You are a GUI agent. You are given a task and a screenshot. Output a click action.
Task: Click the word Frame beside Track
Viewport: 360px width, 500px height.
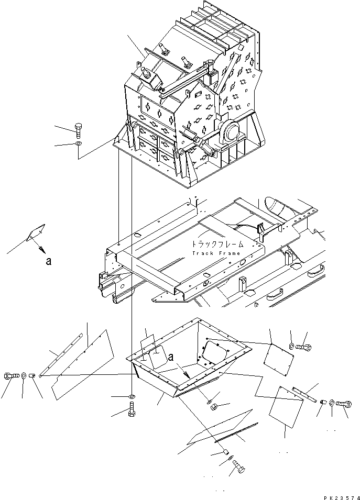pos(230,253)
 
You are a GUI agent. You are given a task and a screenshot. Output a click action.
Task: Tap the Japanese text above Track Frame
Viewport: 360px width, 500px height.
pos(217,245)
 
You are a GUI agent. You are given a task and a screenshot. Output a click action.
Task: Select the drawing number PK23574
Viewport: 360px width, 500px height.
pos(341,497)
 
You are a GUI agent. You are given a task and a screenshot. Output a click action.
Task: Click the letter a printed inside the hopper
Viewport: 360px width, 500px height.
pos(171,357)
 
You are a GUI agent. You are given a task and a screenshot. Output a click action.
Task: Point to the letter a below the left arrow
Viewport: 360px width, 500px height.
pos(49,261)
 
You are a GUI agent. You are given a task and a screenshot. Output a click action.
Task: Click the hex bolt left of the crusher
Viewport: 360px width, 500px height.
pos(78,131)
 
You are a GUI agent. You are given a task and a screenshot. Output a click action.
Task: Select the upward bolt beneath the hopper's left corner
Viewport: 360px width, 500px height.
pos(132,409)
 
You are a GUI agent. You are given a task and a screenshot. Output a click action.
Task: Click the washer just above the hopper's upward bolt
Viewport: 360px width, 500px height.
pos(132,397)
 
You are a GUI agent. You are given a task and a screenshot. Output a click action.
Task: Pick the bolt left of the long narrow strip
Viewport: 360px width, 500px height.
pos(10,375)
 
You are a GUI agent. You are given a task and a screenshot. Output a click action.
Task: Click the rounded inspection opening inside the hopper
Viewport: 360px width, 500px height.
pos(215,352)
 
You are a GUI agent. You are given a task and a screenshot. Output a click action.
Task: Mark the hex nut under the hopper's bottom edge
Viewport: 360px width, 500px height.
pos(214,407)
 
